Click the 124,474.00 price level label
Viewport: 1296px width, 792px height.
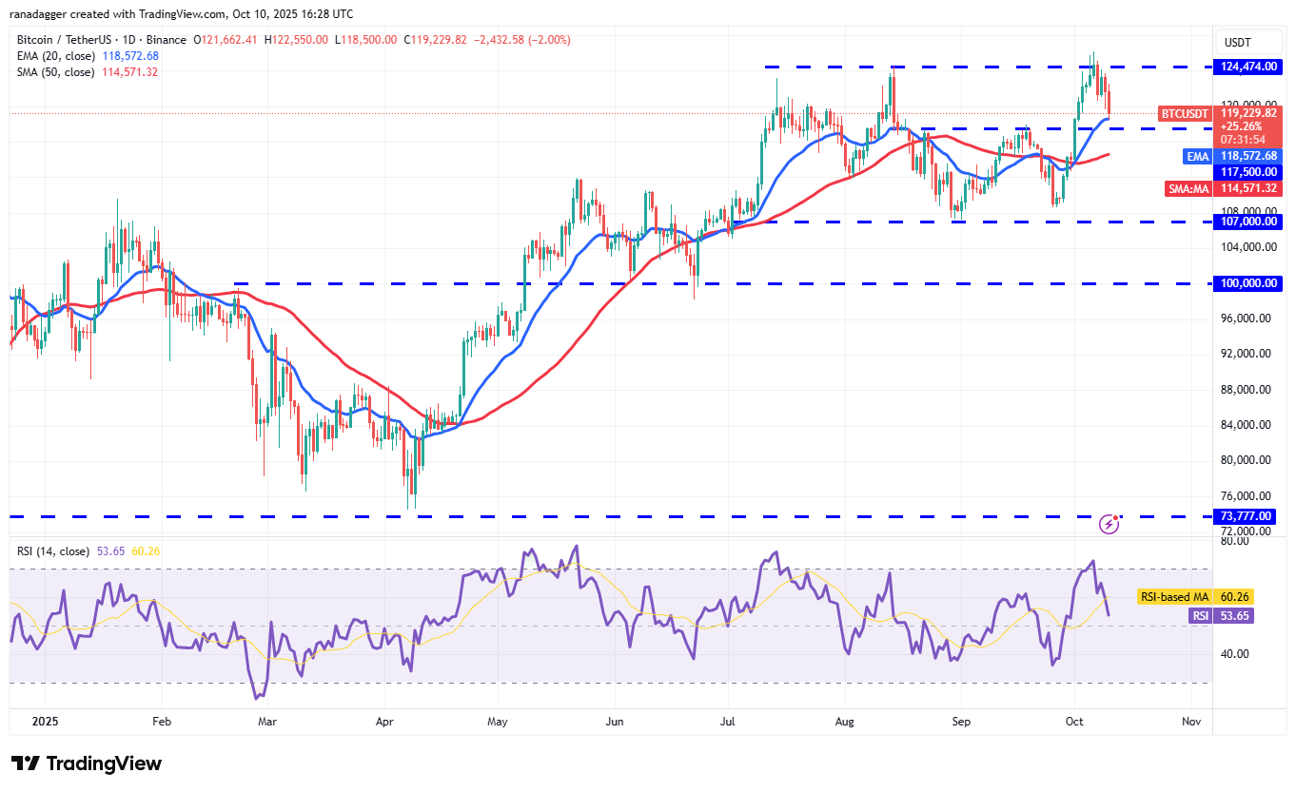1247,67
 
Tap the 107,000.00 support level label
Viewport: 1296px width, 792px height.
1247,222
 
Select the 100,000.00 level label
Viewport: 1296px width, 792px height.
1247,283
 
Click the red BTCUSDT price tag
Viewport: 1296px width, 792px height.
1184,113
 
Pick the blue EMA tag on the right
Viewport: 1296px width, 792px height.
1197,156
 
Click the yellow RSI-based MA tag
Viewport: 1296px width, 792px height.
1173,597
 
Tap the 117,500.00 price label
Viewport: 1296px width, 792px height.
1247,172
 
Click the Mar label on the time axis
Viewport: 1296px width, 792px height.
267,722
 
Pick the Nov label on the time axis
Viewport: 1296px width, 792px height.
1190,722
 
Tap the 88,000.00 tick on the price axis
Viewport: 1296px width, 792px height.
1247,390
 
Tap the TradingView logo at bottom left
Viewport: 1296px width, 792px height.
87,763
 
